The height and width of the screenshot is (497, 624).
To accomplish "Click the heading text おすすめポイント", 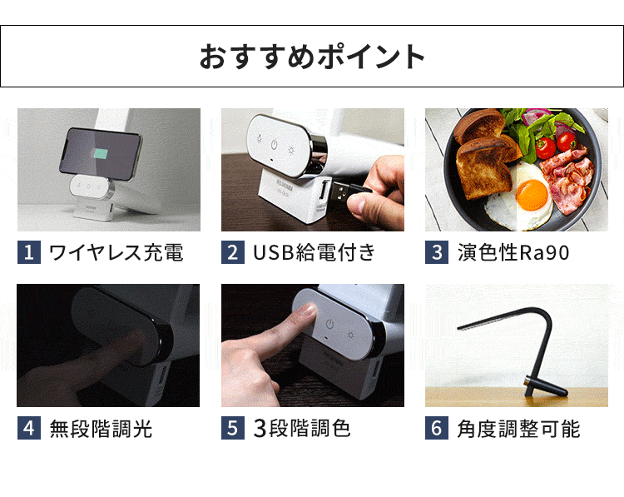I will point(312,56).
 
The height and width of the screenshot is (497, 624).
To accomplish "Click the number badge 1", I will point(28,252).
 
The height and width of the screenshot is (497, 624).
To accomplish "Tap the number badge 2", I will point(233,252).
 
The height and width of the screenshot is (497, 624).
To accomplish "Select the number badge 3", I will point(437,252).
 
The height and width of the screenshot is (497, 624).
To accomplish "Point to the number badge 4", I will point(28,429).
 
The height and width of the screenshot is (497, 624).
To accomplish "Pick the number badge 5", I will point(233,429).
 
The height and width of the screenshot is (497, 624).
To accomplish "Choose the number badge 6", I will point(437,429).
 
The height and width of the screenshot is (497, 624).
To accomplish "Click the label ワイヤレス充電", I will point(116,252).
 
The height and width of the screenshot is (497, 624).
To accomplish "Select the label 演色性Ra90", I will point(513,252).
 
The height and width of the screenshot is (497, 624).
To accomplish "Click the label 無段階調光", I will point(101,429).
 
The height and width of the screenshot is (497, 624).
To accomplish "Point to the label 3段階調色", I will point(302,429).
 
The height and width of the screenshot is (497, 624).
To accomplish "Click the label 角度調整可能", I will point(518,429).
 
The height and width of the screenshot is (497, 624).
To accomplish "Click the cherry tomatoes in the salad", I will point(547,147).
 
